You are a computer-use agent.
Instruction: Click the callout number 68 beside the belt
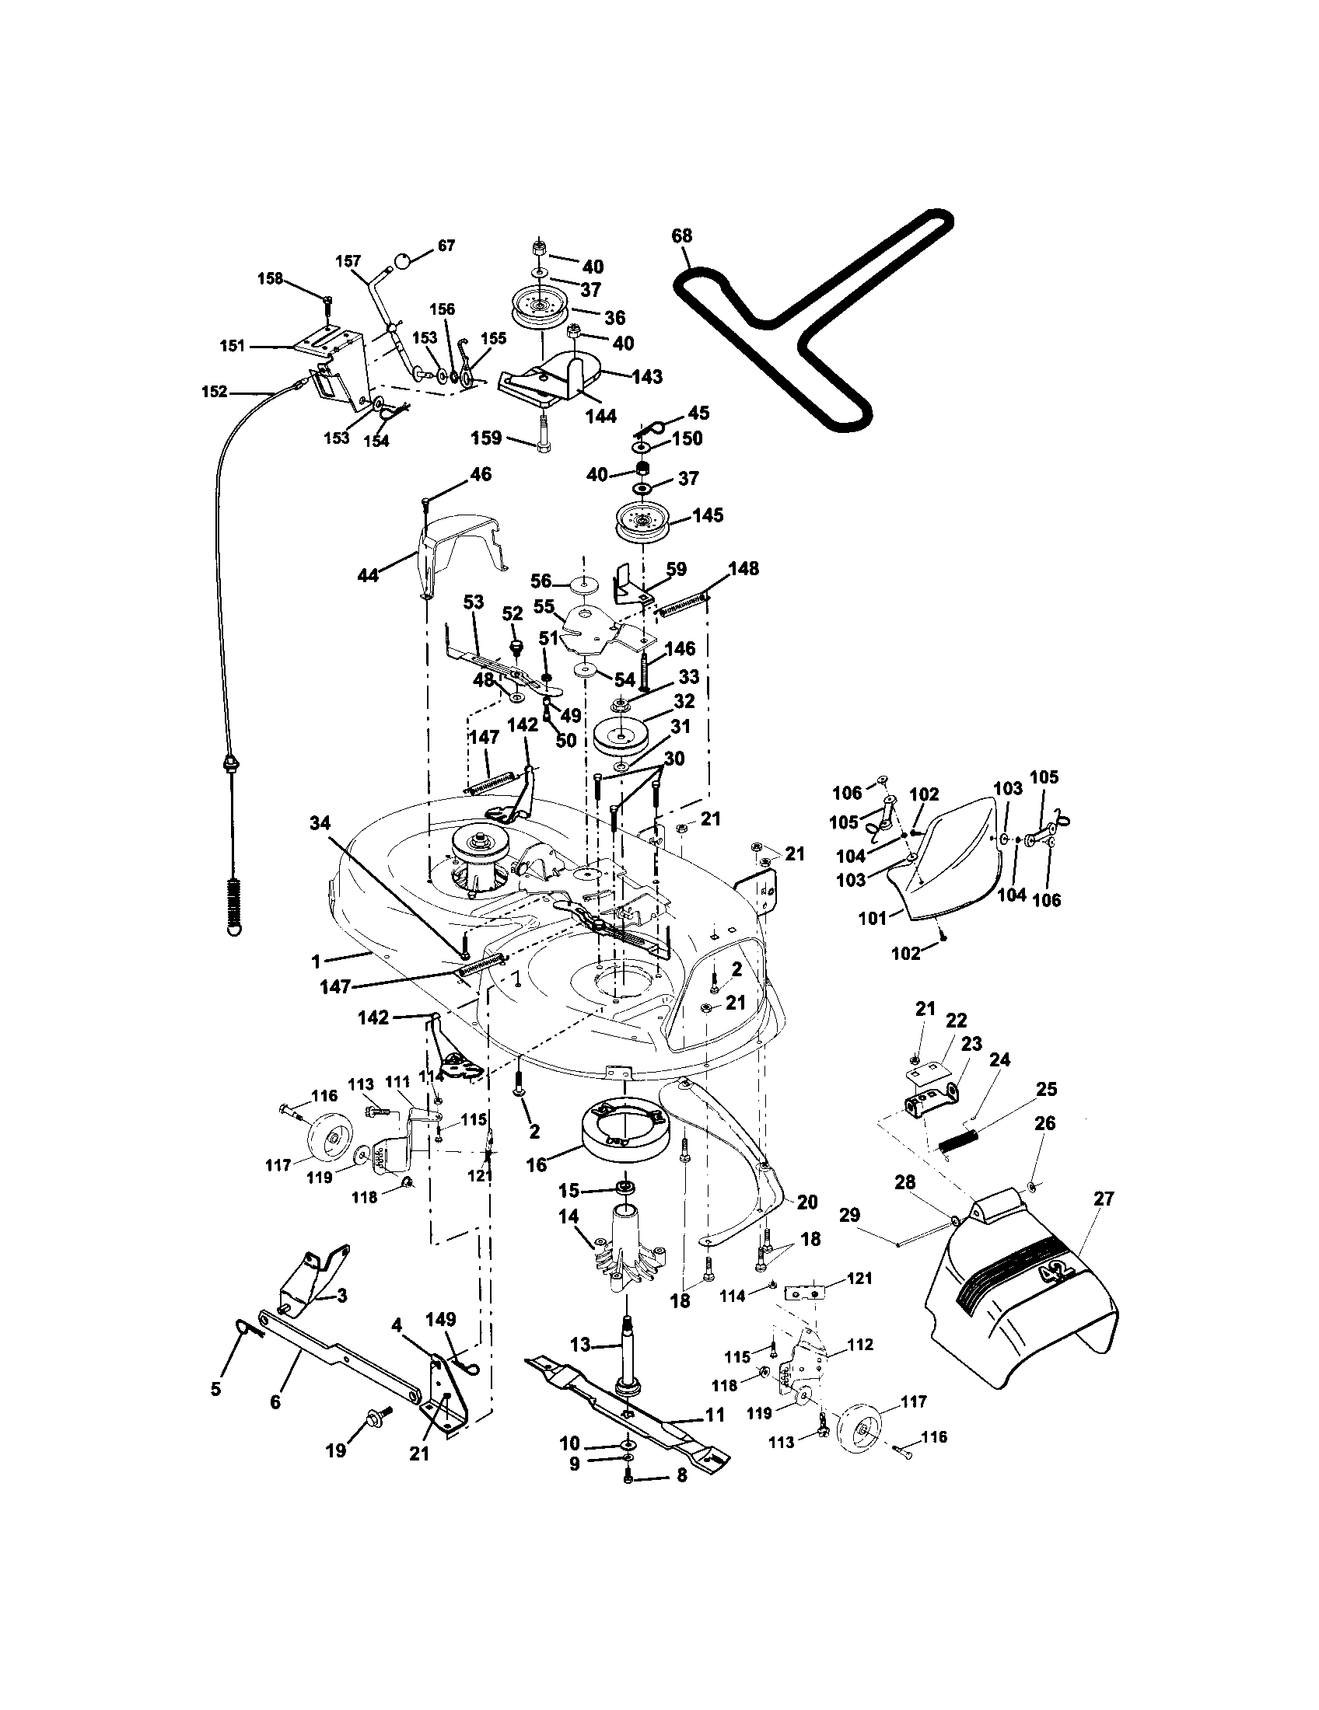[x=682, y=236]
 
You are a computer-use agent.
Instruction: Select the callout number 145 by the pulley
[x=708, y=516]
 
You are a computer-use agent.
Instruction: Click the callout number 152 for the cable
[x=215, y=392]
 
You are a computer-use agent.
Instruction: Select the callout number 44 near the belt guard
[x=368, y=575]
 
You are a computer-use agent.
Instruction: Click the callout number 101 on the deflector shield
[x=873, y=918]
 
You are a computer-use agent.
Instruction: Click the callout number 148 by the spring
[x=743, y=569]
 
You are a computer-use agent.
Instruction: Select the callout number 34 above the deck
[x=320, y=823]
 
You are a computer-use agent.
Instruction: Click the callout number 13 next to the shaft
[x=580, y=1345]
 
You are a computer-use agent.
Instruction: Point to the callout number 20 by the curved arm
[x=807, y=1202]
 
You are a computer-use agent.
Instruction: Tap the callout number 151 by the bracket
[x=233, y=345]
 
